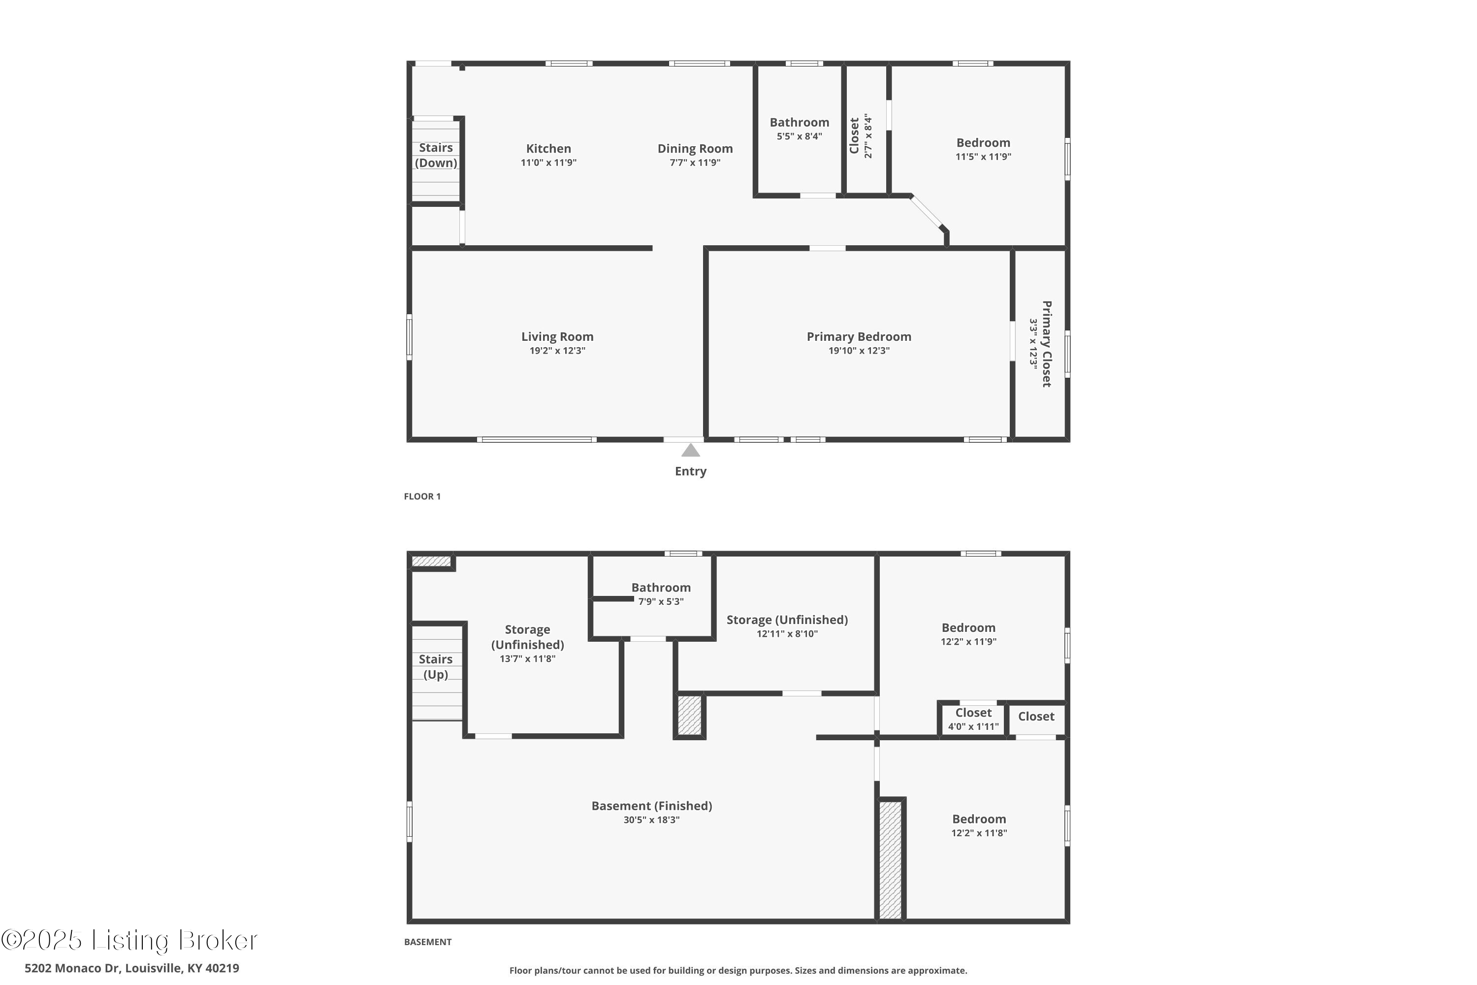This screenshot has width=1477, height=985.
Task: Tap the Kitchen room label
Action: coord(548,149)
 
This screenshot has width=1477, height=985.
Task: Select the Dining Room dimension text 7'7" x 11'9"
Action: coord(695,163)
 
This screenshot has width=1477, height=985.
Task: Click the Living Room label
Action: coord(557,337)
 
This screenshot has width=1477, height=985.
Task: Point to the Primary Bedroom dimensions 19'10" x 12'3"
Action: coord(859,351)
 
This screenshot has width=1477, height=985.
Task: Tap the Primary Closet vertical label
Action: coord(1046,344)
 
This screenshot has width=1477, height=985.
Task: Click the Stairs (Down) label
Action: coord(436,155)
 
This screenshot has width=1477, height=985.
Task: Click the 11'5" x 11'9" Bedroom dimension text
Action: coord(983,157)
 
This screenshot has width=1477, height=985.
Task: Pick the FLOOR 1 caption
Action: coord(422,496)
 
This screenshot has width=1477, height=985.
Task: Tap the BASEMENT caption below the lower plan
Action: coord(428,942)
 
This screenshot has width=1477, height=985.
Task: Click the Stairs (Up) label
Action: coord(436,666)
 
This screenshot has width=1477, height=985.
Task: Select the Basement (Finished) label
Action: coord(651,806)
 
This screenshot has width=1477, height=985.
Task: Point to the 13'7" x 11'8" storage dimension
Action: coord(527,659)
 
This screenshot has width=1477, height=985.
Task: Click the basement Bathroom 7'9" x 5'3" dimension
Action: coord(661,601)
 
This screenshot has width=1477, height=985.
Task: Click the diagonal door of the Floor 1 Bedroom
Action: coord(928,213)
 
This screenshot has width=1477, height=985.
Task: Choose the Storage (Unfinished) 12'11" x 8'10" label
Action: coord(787,620)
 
